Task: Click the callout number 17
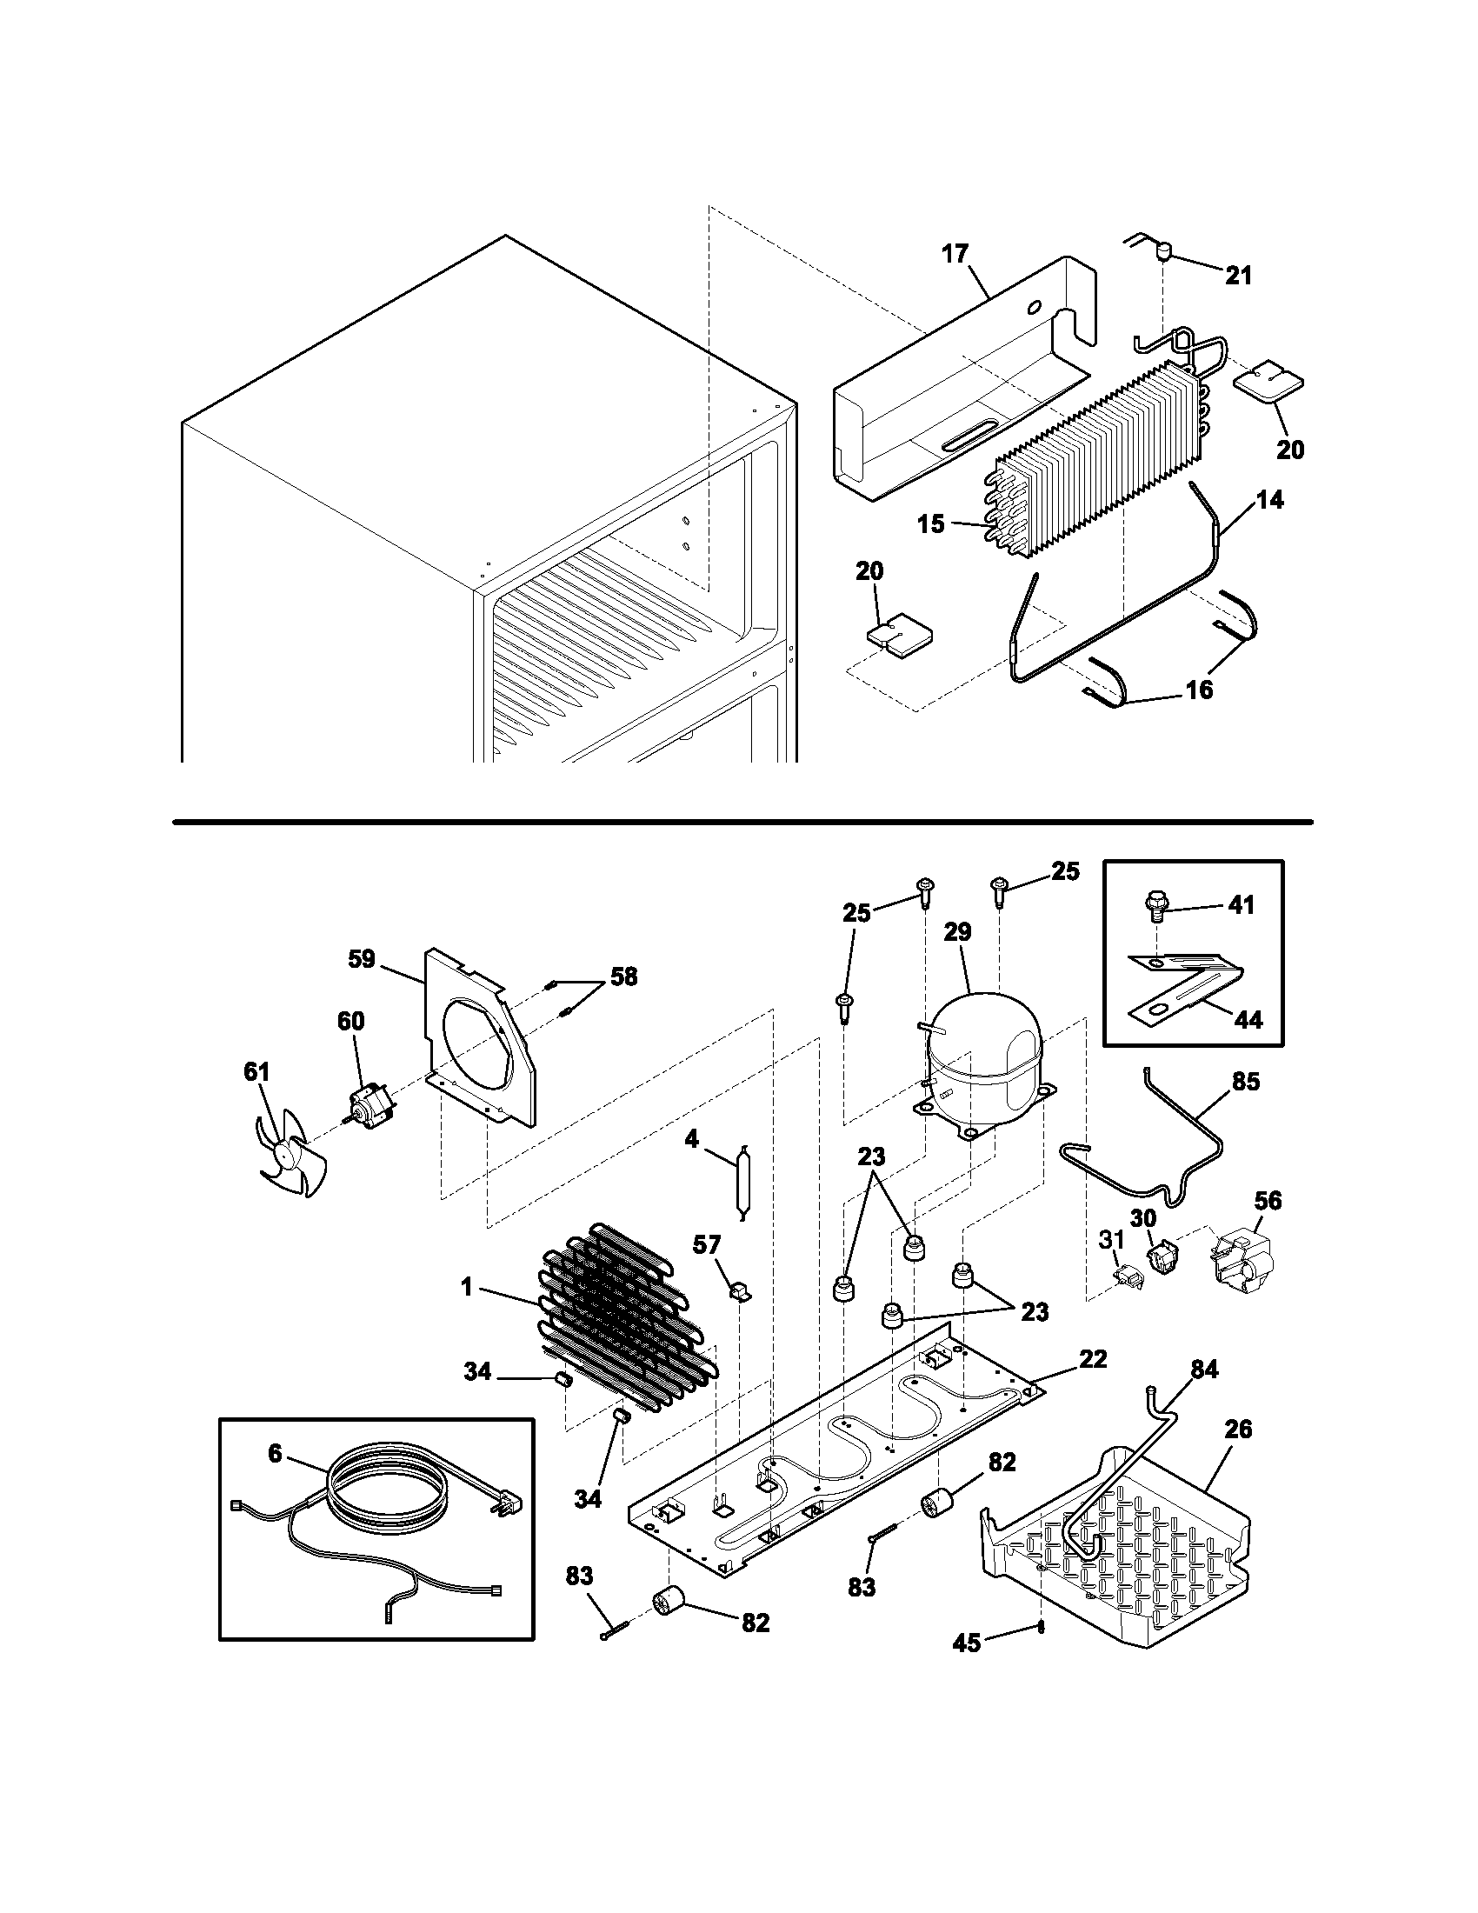point(955,254)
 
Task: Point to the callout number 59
point(362,959)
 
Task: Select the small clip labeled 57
point(741,1291)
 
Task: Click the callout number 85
point(1245,1082)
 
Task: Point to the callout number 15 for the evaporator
point(931,523)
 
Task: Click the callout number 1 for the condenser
point(467,1287)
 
